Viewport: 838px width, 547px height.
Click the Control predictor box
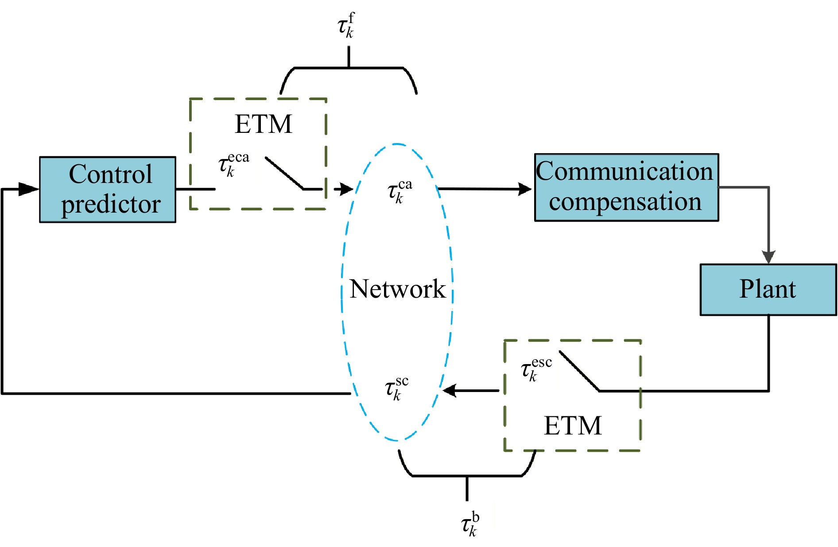click(108, 189)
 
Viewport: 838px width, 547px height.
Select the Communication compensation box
click(626, 187)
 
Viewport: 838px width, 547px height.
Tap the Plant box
click(768, 289)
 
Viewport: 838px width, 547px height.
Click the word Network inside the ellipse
click(397, 289)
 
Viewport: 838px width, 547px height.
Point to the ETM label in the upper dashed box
click(264, 124)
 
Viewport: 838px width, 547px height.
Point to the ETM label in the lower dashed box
click(572, 426)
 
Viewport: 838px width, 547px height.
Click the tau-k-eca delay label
click(233, 165)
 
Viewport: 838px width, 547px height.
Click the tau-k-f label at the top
click(346, 26)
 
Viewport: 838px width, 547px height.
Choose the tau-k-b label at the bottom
click(470, 524)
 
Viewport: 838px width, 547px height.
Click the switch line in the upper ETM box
click(284, 173)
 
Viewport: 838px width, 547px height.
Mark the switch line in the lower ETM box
click(579, 371)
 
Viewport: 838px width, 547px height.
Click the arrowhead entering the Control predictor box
click(29, 189)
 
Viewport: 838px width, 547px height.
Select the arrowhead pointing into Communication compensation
click(525, 189)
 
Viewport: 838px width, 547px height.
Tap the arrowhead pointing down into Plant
click(768, 257)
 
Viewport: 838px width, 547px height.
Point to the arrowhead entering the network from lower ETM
click(450, 390)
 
